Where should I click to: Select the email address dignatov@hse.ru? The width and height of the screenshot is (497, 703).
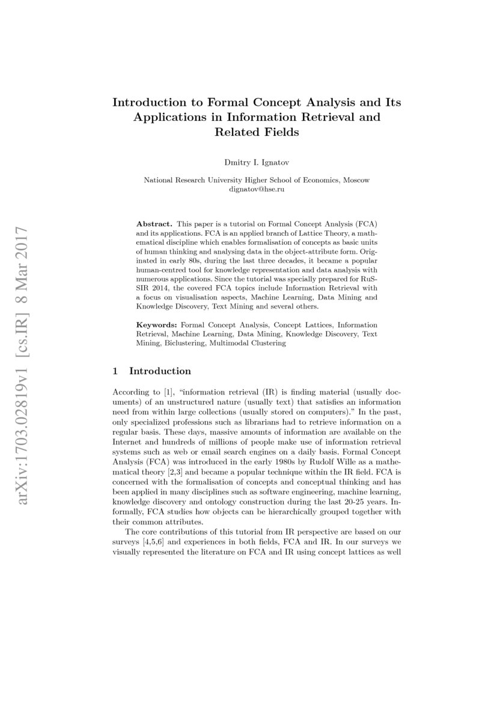[257, 189]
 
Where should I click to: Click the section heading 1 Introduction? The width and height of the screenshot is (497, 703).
[152, 371]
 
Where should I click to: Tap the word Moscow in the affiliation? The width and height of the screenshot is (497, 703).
[357, 180]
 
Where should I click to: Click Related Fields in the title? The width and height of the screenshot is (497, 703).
[257, 132]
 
